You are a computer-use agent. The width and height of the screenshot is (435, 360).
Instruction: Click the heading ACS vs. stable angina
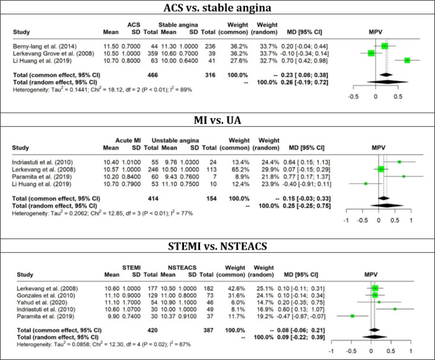pos(217,8)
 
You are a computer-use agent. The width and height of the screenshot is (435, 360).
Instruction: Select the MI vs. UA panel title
pos(217,124)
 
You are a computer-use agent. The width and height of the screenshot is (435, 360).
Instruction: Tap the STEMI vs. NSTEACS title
pos(217,243)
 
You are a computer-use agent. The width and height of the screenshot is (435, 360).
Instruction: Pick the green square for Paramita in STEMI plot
pos(353,316)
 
